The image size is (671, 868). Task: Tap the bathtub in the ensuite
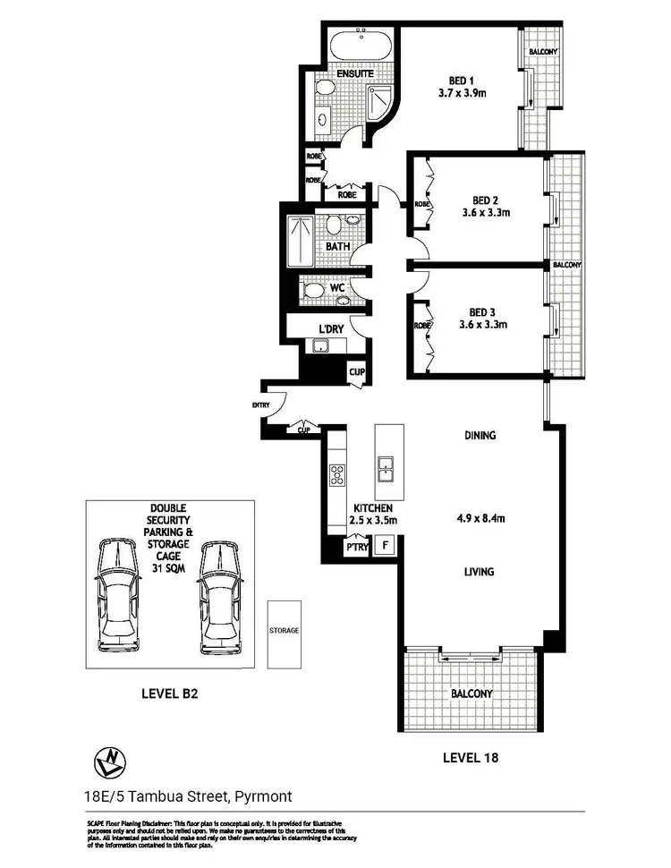362,45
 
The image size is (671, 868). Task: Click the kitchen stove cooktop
338,474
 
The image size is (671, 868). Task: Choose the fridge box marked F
386,544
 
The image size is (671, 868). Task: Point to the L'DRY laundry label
331,329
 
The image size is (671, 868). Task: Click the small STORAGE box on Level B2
284,631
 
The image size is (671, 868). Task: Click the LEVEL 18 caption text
471,757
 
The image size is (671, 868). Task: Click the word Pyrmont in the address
263,796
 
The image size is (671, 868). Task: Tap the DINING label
480,436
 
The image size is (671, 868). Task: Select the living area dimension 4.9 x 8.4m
480,516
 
